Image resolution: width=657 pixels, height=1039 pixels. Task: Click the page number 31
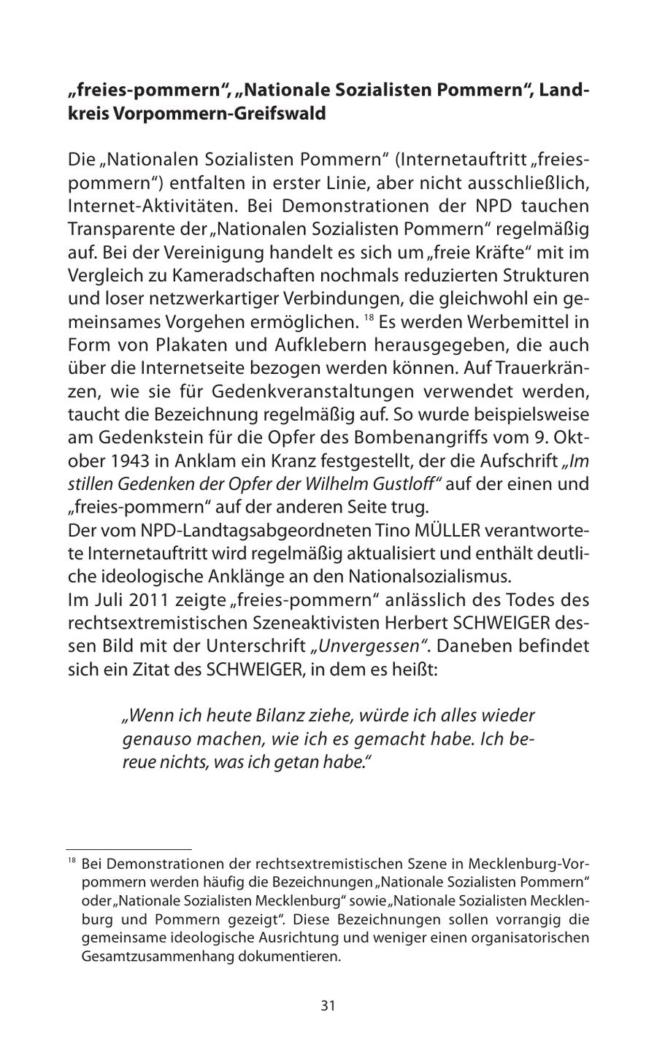pyautogui.click(x=328, y=1005)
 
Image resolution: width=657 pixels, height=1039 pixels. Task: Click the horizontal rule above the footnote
pyautogui.click(x=129, y=848)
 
